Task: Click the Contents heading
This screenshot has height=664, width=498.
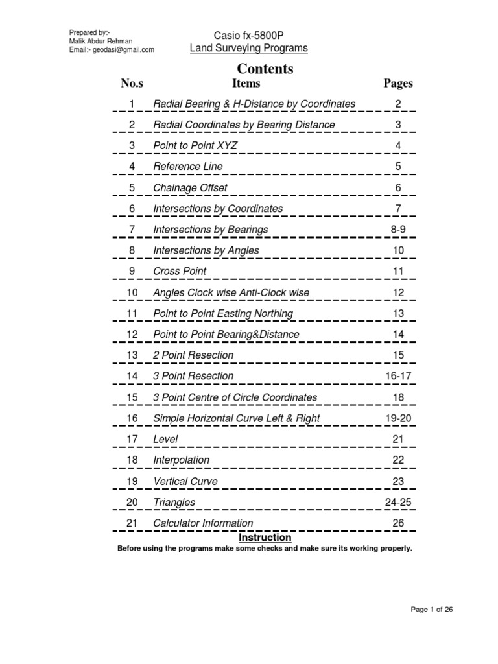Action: tap(265, 69)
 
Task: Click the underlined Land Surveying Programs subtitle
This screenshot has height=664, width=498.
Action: tap(248, 48)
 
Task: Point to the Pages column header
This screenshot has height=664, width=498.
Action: tap(398, 83)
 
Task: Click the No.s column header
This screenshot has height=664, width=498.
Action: tap(132, 83)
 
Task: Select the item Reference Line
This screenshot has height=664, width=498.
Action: tap(187, 167)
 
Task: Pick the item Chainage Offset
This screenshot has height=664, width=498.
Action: tap(190, 188)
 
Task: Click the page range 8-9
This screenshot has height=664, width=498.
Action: tap(398, 230)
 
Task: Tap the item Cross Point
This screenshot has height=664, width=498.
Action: tap(180, 271)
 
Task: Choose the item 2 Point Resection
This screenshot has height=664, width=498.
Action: tap(193, 355)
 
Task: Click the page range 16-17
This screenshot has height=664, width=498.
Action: tap(398, 376)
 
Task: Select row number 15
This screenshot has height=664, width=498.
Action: tap(132, 397)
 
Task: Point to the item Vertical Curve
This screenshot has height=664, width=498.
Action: tap(185, 482)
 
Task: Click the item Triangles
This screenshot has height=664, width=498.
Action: tap(174, 503)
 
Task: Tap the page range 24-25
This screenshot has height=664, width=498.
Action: tap(398, 503)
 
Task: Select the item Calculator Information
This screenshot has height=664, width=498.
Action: tap(203, 523)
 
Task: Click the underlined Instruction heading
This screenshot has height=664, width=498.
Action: tap(265, 538)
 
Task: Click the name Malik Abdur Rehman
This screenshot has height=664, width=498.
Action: tap(101, 41)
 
